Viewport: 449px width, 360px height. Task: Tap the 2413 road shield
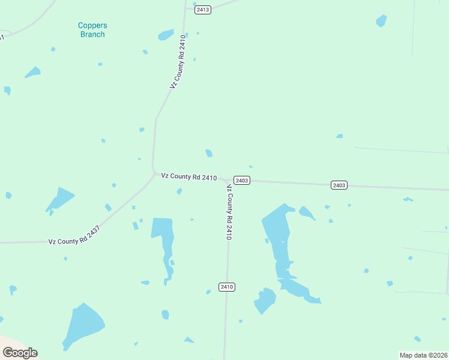[203, 10]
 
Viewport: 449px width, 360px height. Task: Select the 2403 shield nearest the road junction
[242, 181]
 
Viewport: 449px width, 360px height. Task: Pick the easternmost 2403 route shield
[339, 185]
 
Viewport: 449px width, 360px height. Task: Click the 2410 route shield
[226, 287]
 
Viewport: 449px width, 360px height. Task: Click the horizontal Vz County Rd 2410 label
[188, 177]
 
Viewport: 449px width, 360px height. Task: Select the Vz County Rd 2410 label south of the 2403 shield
[229, 212]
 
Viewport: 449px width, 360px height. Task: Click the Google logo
[20, 353]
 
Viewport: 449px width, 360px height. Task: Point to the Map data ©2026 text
[423, 355]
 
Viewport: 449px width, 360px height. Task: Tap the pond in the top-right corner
[381, 21]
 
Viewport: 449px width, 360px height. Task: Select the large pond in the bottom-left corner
[83, 325]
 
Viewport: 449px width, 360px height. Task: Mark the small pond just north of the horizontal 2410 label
[209, 153]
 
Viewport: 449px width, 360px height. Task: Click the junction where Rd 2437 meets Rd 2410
[152, 173]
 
